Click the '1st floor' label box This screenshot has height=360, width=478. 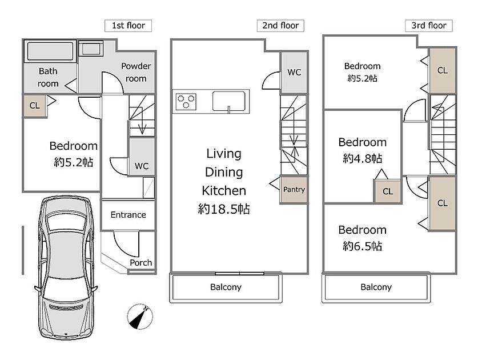point(128,26)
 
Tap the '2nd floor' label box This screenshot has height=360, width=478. point(280,26)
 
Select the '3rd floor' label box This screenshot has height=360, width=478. point(429,26)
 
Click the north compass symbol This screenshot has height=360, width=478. point(140,317)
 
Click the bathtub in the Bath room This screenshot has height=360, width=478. point(50,51)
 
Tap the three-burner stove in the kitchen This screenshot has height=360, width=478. point(186,101)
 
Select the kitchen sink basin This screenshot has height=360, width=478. point(228,101)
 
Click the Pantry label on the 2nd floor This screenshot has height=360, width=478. point(294,190)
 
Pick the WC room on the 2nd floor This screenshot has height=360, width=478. point(294,73)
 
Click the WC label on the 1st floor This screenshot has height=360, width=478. point(142,166)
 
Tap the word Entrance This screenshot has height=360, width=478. point(128,215)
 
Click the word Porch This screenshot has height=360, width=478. point(141,263)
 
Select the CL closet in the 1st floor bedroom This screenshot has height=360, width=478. point(35,106)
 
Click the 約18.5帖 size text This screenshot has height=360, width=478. point(224,209)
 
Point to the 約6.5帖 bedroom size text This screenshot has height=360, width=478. point(363,246)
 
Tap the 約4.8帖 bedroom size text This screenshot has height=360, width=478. point(363,158)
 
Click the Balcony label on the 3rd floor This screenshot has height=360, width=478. point(376,287)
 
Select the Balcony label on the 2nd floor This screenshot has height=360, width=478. point(226,287)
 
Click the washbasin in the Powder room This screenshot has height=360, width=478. point(91,49)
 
